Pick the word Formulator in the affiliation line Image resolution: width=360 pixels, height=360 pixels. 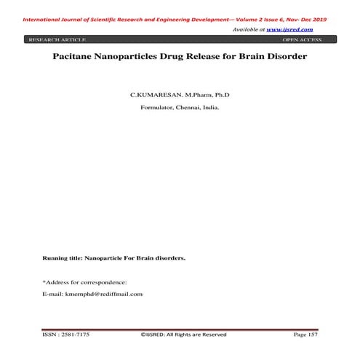(x=156, y=108)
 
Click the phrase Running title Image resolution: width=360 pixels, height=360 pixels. (x=63, y=258)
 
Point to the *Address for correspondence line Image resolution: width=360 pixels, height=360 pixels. (x=84, y=281)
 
